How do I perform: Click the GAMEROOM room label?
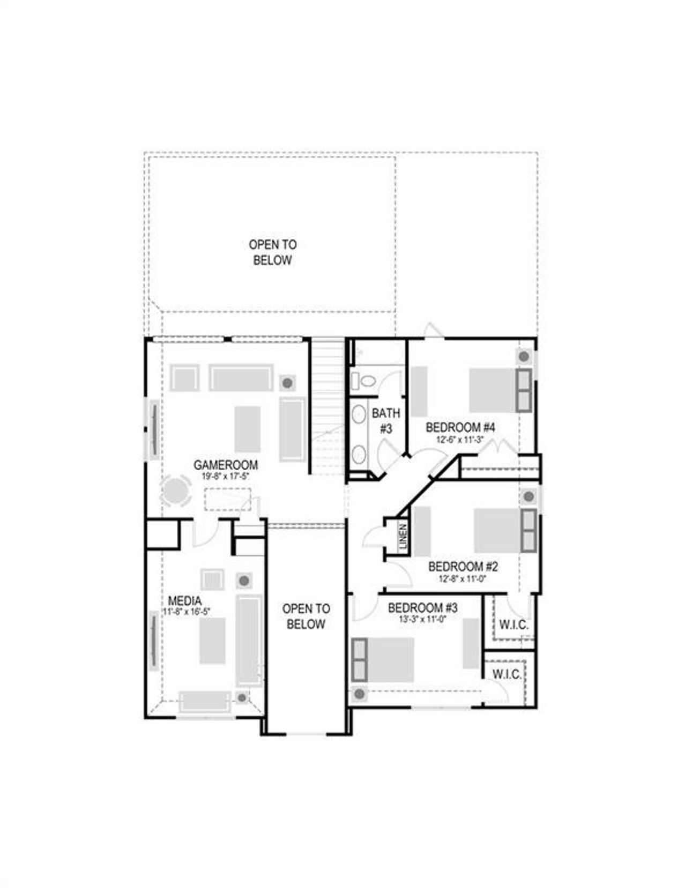225,465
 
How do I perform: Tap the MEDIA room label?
184,600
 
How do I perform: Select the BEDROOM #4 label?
460,427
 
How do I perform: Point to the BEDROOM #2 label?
463,566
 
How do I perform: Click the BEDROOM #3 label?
422,608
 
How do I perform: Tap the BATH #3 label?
386,421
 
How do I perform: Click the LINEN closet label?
403,536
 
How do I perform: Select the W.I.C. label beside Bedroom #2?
513,624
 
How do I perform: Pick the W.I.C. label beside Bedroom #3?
506,674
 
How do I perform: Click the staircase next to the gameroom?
327,407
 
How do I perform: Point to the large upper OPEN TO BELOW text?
272,252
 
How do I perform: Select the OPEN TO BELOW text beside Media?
305,616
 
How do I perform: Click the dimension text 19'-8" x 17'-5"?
225,476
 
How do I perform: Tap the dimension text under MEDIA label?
187,611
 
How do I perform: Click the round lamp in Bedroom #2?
528,496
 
